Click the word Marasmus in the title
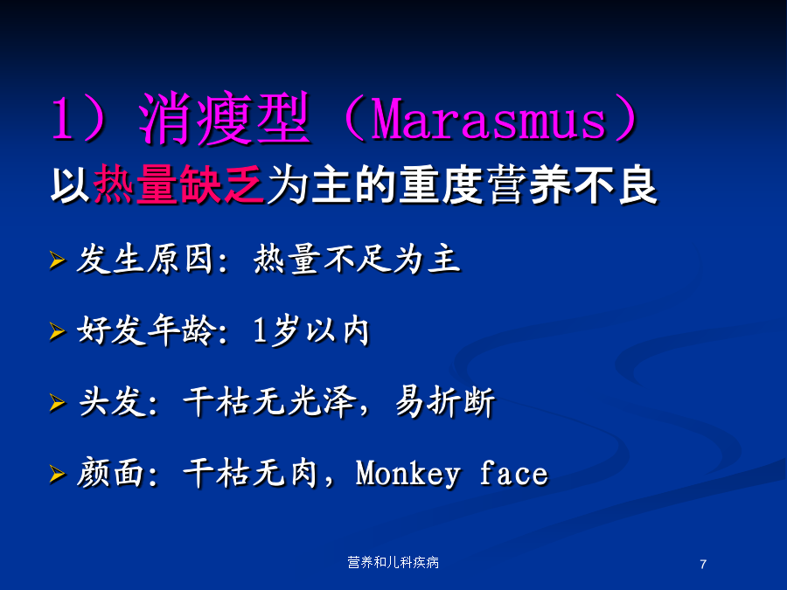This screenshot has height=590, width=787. coord(488,119)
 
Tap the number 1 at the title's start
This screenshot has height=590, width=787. coord(62,119)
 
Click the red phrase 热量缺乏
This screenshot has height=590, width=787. coord(178,184)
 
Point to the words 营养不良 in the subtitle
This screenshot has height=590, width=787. coord(572,185)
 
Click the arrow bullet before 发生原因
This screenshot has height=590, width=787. coord(57,260)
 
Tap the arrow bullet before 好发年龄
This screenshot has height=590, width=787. coord(57,331)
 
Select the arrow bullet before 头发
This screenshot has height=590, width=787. coord(57,402)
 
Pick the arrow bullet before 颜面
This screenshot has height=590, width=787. coord(57,474)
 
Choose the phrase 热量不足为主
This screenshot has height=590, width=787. coord(357,260)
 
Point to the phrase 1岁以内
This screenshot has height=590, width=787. coord(311,331)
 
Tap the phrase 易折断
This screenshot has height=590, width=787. coord(445,402)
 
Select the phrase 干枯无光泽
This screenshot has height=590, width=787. coord(270,402)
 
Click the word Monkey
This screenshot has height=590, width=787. coord(407,474)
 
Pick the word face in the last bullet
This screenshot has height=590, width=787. coord(513,473)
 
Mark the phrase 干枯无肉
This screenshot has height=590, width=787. coord(250,473)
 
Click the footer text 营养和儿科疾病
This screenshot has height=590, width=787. coord(393,562)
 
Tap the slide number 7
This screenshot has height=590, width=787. coord(703,565)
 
